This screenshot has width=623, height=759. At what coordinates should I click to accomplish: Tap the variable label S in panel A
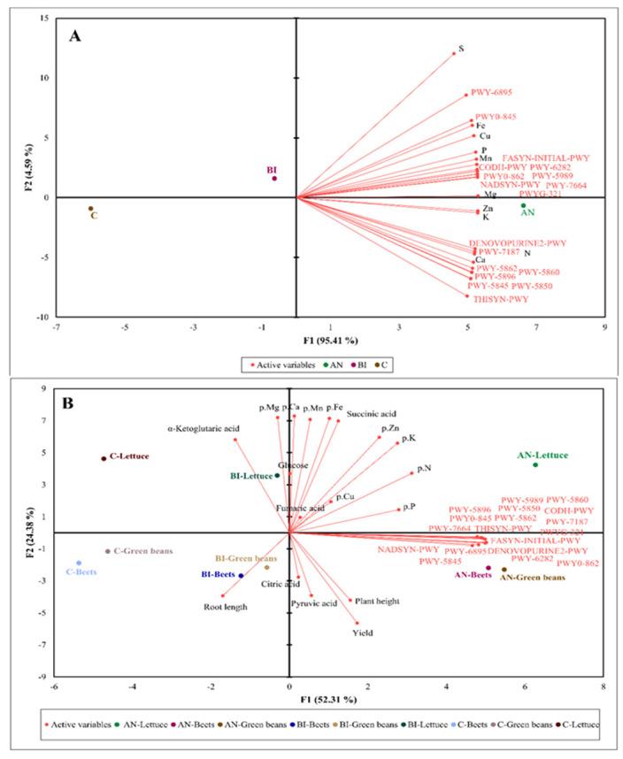(x=460, y=49)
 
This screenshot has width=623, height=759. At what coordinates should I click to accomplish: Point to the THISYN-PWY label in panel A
(x=498, y=299)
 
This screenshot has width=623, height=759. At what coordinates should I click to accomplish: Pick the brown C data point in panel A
(x=90, y=209)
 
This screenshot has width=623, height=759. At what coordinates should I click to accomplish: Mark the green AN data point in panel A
(x=523, y=205)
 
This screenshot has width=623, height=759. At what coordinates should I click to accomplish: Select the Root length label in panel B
(x=225, y=607)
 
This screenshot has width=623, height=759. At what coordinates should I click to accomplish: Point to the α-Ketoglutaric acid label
(x=201, y=428)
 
